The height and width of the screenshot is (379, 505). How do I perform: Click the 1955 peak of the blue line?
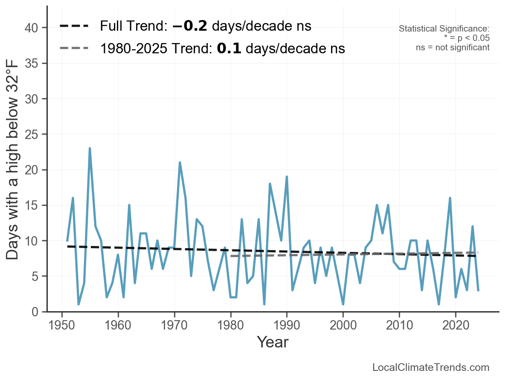90,148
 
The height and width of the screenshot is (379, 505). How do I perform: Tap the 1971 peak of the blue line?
180,162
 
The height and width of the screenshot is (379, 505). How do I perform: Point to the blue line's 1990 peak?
287,176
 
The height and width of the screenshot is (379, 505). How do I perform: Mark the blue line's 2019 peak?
450,198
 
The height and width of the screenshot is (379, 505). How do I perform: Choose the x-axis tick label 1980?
230,326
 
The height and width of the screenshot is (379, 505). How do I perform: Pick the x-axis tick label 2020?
456,326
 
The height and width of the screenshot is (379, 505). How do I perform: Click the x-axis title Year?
273,342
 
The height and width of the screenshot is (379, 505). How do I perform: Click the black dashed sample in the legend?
74,26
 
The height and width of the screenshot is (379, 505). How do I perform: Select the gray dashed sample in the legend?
74,48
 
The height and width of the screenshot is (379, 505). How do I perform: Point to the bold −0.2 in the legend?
190,26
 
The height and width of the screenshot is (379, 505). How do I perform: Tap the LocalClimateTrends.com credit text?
431,367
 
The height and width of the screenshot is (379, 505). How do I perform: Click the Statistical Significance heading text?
444,29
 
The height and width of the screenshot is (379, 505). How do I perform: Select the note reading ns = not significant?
453,47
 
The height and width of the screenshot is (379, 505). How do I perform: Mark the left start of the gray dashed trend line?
231,256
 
